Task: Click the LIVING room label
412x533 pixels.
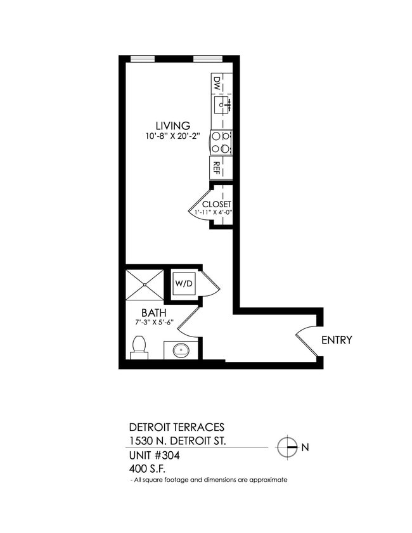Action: point(173,125)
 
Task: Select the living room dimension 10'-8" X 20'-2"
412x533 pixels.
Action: point(173,136)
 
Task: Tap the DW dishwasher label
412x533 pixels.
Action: point(217,83)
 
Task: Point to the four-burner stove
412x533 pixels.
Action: point(221,142)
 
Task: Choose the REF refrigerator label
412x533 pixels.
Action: point(216,168)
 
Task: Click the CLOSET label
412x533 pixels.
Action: point(217,204)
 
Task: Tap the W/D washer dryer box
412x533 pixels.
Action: point(184,284)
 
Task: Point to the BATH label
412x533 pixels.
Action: point(154,312)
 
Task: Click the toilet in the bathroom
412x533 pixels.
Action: point(139,348)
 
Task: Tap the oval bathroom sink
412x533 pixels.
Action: point(181,350)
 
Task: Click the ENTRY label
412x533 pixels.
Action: point(337,340)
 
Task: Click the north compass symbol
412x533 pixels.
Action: point(286,447)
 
